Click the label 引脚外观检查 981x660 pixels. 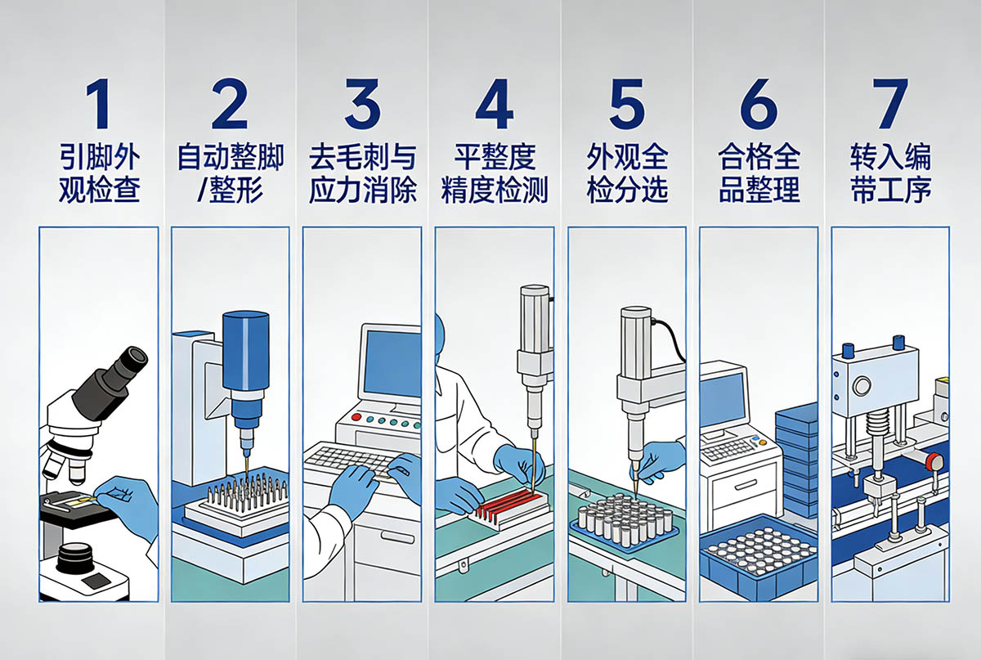point(100,173)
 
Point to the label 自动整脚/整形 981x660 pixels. point(231,173)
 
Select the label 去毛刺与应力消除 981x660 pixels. point(363,173)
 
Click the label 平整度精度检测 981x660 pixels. point(495,173)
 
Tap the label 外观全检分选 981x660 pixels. point(627,173)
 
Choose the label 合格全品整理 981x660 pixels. point(759,173)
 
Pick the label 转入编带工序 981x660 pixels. point(891,173)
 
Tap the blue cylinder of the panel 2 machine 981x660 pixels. point(245,351)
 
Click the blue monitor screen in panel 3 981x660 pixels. point(392,364)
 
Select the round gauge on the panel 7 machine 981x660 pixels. point(862,387)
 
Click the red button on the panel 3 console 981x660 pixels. point(356,417)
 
